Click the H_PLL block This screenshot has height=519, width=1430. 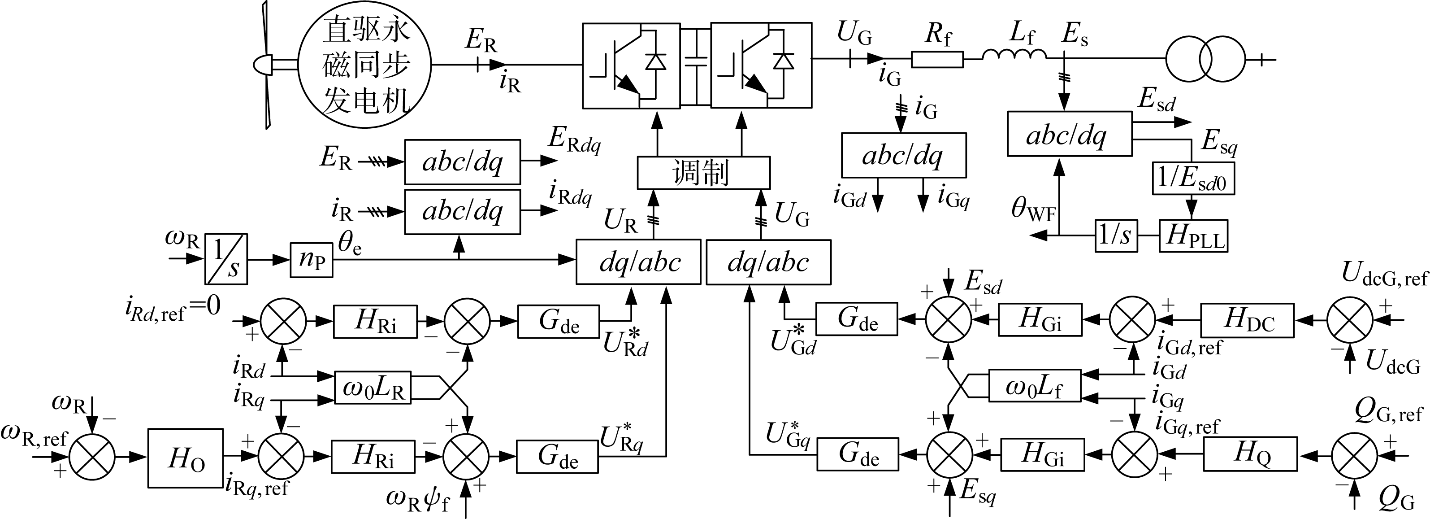[x=1193, y=236]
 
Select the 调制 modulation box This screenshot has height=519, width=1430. [x=703, y=173]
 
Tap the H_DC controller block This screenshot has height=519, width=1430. [x=1248, y=320]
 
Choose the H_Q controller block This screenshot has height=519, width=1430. [x=1250, y=454]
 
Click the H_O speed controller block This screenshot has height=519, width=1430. [x=186, y=458]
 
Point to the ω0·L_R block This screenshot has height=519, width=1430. [x=373, y=387]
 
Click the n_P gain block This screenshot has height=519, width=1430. [x=312, y=259]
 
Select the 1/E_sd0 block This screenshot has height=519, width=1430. [x=1193, y=179]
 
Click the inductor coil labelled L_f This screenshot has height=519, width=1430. [x=1014, y=54]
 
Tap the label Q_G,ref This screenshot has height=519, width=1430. [x=1388, y=413]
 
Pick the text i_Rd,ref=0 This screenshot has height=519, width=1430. [x=172, y=309]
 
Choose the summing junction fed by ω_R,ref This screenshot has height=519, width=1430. [x=92, y=457]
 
